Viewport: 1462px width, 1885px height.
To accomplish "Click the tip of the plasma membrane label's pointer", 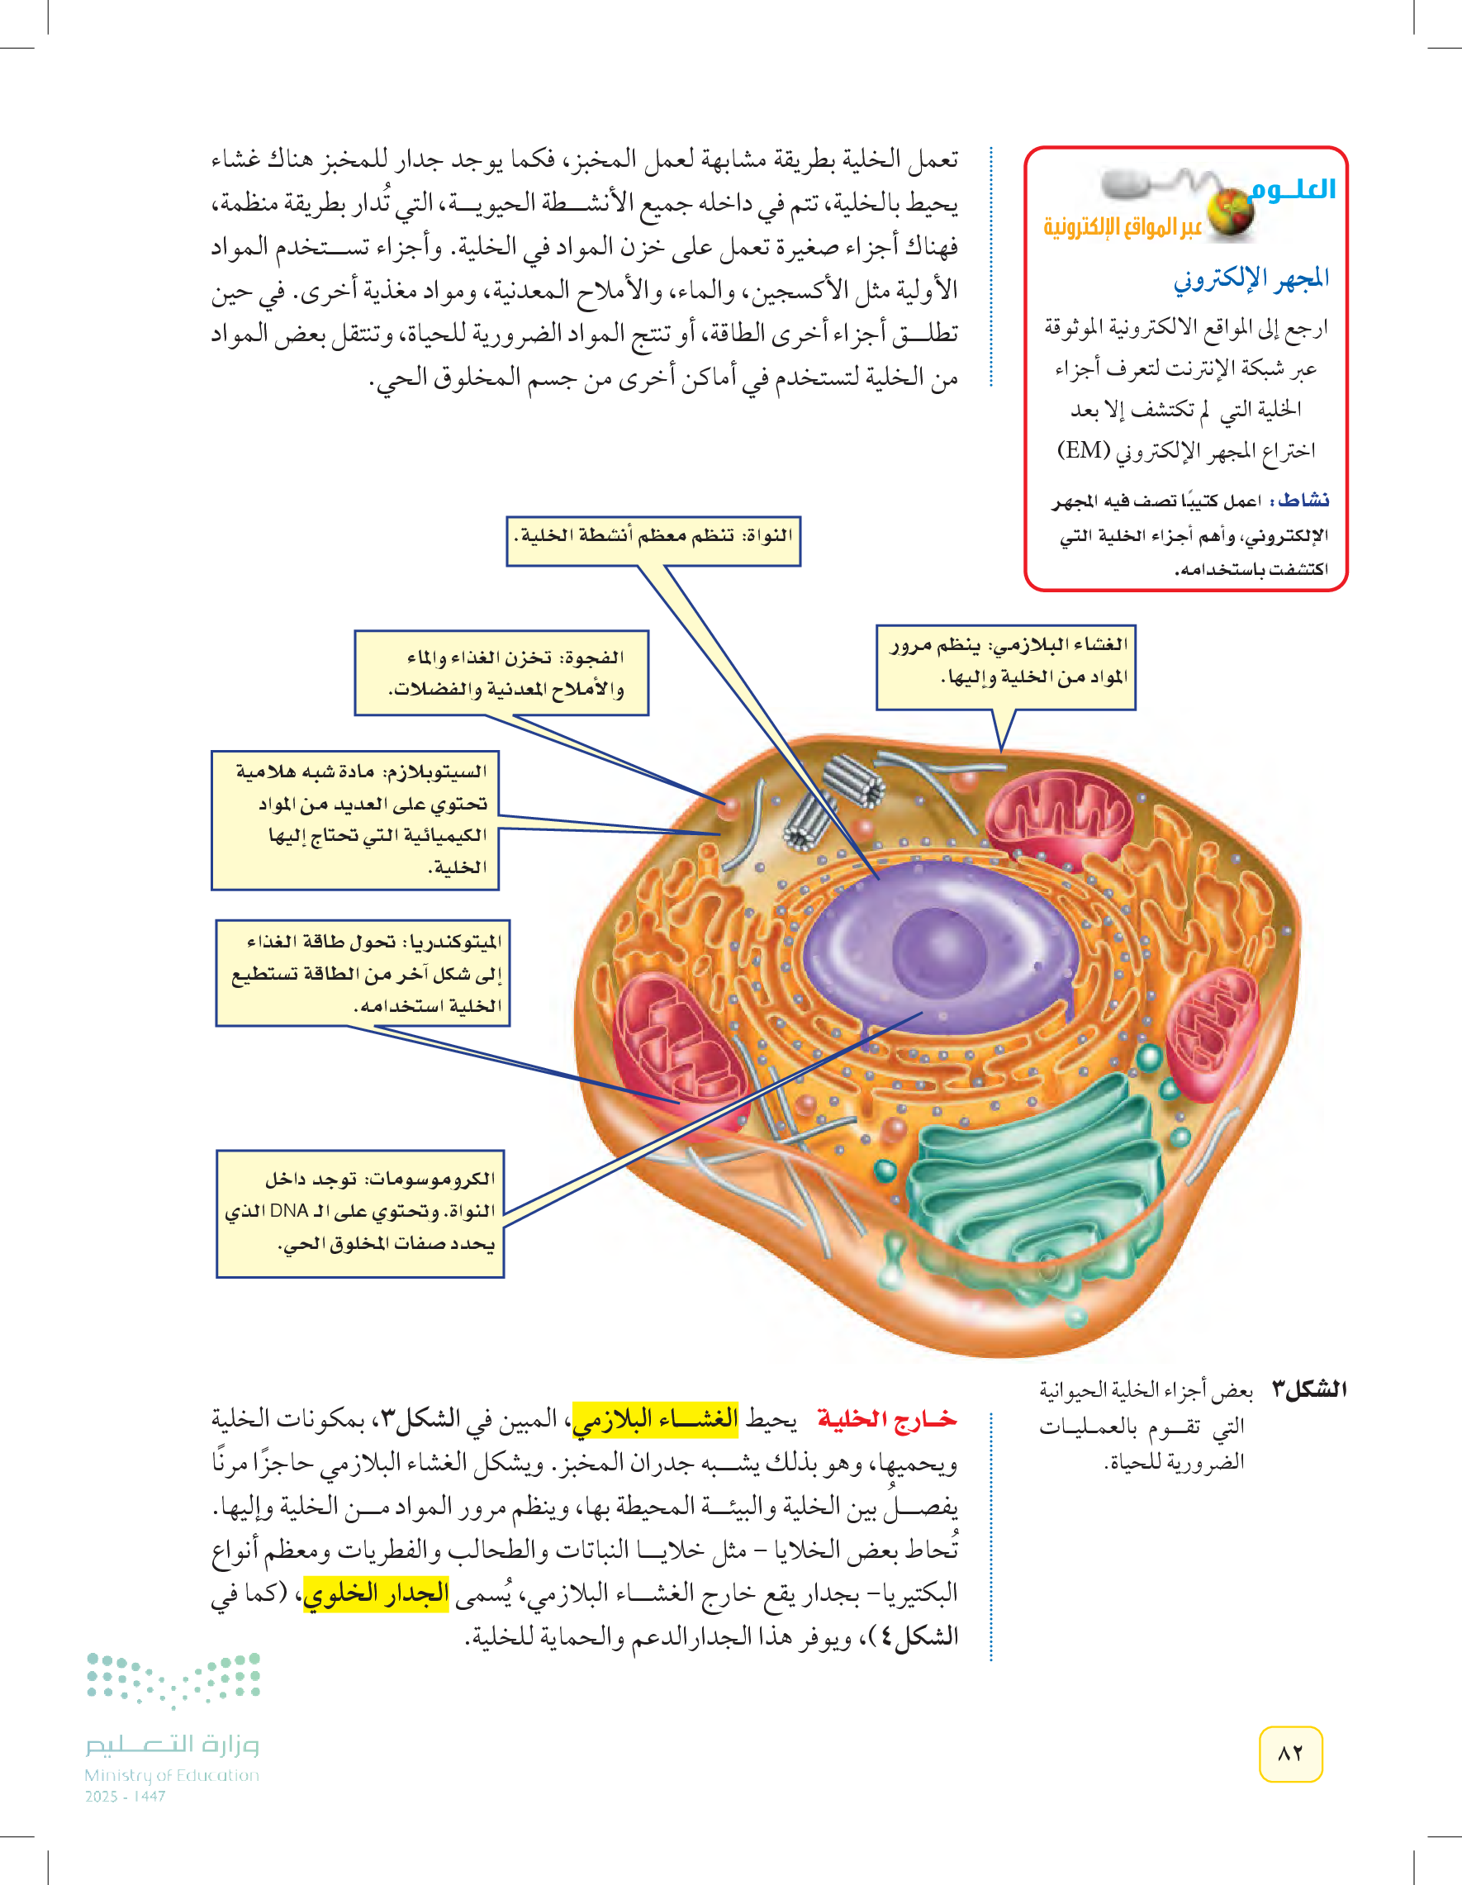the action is click(x=1002, y=752).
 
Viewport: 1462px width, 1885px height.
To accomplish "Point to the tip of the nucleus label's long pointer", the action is click(x=879, y=879).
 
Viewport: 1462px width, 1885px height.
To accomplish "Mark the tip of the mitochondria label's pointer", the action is click(x=679, y=1103).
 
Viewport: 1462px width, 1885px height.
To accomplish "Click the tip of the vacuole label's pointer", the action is click(x=727, y=804).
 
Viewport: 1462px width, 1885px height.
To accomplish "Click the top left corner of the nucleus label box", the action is click(x=506, y=517).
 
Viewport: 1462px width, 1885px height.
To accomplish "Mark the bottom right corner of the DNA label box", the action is click(x=504, y=1277).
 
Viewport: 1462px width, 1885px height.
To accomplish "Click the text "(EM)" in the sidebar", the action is click(x=1084, y=449).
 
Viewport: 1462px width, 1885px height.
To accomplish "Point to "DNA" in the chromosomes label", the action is click(x=289, y=1211).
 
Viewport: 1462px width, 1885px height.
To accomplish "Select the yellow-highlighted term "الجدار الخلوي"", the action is click(x=376, y=1593).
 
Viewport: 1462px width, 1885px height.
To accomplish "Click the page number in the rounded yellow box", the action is click(x=1290, y=1754).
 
